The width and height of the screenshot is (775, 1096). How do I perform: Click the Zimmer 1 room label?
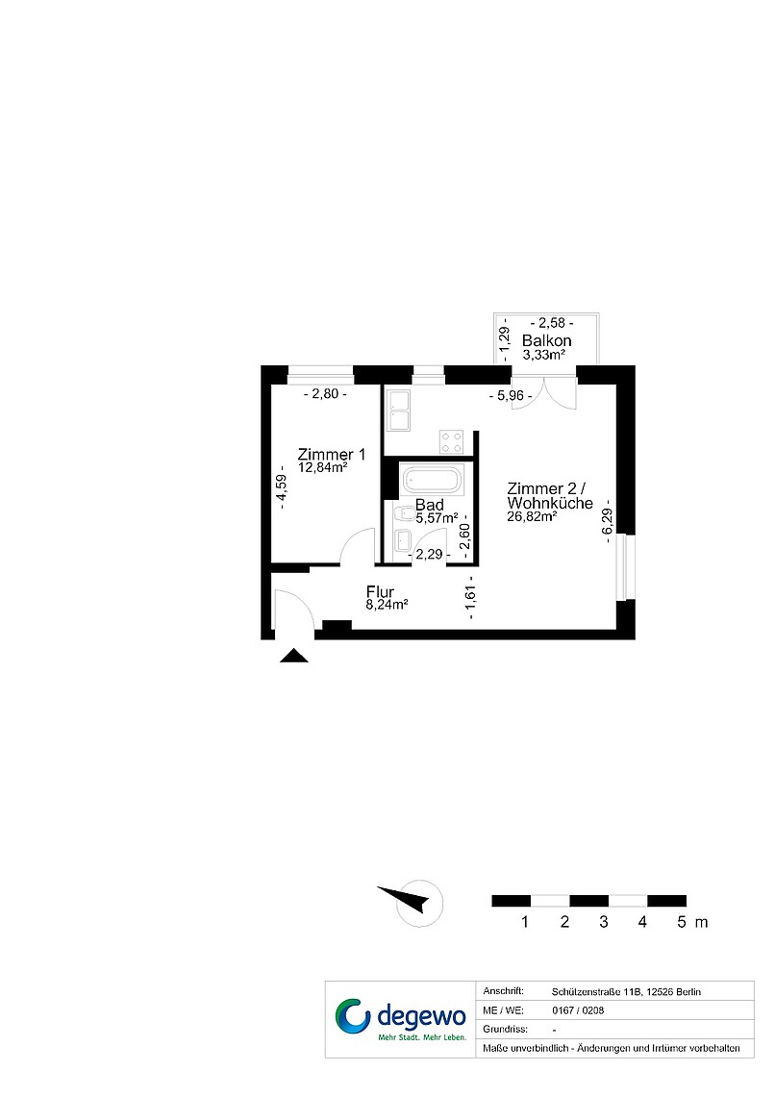[x=331, y=455]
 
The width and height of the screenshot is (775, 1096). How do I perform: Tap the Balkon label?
[x=546, y=341]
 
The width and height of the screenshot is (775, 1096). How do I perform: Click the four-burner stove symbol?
[x=452, y=441]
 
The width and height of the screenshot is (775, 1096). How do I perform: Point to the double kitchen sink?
[x=400, y=411]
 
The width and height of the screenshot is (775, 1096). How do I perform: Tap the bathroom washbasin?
[x=403, y=540]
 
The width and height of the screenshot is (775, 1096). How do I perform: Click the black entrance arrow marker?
[x=293, y=656]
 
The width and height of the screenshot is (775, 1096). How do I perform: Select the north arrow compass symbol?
[x=412, y=902]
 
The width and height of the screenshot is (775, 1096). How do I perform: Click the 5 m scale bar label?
[x=692, y=922]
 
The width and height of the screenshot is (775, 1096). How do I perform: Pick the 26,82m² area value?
[x=532, y=516]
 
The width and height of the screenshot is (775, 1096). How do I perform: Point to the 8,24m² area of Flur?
[x=387, y=605]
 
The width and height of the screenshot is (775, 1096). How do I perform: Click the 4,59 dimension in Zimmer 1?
[x=281, y=487]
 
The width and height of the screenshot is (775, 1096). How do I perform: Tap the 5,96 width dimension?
[x=511, y=396]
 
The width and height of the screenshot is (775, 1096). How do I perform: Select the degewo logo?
[x=400, y=1019]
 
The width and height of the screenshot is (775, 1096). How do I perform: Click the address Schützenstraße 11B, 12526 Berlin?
[x=626, y=992]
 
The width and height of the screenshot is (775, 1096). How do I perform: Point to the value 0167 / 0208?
[x=578, y=1010]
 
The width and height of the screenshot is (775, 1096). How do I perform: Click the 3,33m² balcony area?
[x=543, y=355]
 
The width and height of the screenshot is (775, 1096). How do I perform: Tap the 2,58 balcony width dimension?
[x=552, y=323]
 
